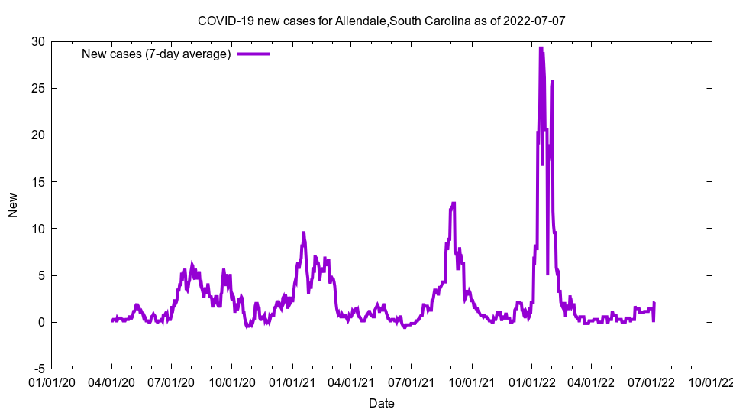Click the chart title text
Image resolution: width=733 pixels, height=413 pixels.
click(381, 21)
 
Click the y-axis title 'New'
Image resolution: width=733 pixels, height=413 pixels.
click(13, 205)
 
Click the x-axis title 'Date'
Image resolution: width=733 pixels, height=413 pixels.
click(381, 403)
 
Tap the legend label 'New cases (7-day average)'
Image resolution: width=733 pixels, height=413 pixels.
click(156, 54)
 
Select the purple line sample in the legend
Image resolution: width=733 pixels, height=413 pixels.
click(253, 54)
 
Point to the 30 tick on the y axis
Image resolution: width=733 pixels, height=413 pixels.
click(37, 41)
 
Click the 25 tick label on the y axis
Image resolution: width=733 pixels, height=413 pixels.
click(37, 88)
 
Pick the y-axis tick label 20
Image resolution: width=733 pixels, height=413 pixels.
click(37, 135)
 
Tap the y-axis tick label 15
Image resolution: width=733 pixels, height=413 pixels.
click(37, 182)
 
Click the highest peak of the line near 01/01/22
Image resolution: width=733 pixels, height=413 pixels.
click(541, 48)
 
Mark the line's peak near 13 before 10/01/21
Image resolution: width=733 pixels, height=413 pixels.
click(454, 203)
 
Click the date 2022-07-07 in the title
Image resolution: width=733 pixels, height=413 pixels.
click(534, 21)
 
